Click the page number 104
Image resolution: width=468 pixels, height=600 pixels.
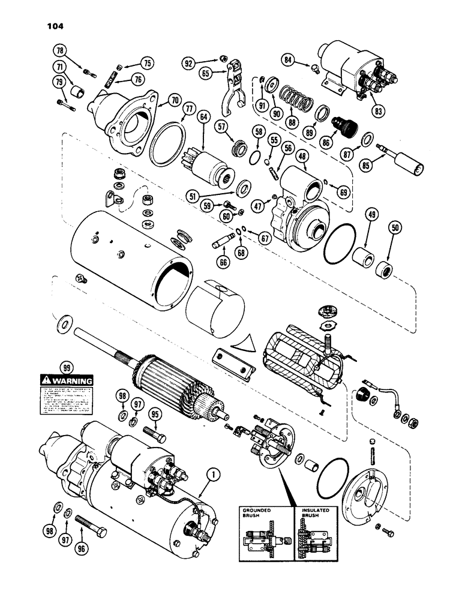click(x=53, y=26)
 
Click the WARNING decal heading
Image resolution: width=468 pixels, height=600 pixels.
click(x=66, y=380)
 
